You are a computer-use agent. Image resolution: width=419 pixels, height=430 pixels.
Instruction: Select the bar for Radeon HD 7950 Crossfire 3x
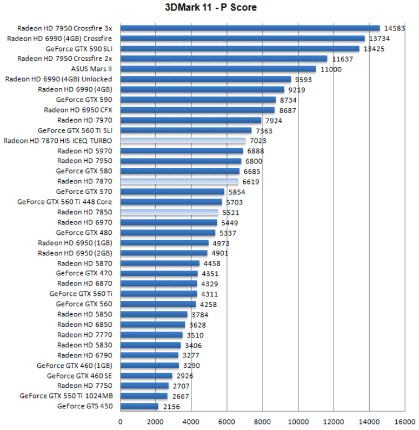pyautogui.click(x=250, y=28)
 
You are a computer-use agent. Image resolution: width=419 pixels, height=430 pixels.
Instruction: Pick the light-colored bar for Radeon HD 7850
pyautogui.click(x=169, y=212)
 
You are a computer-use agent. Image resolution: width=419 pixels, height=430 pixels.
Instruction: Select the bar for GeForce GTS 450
pyautogui.click(x=139, y=406)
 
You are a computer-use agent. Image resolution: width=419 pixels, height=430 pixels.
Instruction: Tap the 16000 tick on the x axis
pyautogui.click(x=404, y=421)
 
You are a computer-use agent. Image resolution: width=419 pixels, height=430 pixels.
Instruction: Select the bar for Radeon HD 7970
pyautogui.click(x=190, y=120)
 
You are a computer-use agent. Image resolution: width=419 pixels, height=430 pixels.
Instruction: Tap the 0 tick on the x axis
pyautogui.click(x=120, y=421)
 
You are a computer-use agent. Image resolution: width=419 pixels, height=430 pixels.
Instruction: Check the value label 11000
pyautogui.click(x=331, y=69)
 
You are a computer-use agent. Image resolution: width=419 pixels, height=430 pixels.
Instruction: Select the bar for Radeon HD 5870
pyautogui.click(x=160, y=263)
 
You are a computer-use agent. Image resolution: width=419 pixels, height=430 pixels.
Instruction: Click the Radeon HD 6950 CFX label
pyautogui.click(x=78, y=110)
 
